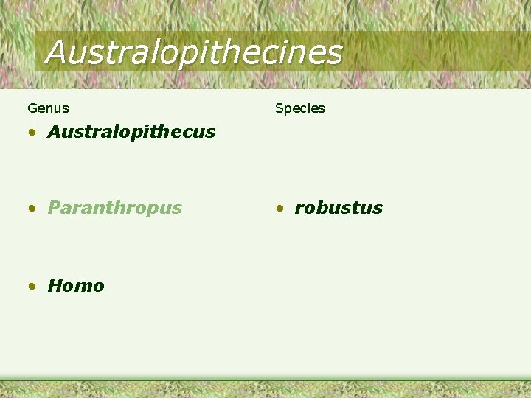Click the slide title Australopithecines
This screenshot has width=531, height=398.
pos(193,52)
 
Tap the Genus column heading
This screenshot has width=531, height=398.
pos(48,108)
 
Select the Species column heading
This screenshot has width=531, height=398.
pos(299,108)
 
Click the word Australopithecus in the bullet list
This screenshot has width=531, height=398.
pos(131,132)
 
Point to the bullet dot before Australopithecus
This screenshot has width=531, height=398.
pos(32,133)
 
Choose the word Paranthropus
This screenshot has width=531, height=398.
pos(114,208)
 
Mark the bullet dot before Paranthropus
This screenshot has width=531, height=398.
pos(32,209)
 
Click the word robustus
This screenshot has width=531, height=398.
pos(339,208)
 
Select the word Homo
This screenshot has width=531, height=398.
pos(76,286)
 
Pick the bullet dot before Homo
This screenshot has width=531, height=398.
pos(32,287)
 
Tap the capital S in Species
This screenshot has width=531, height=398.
pos(280,108)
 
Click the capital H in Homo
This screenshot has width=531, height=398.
pos(55,286)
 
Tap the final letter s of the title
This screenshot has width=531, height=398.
pos(336,54)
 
